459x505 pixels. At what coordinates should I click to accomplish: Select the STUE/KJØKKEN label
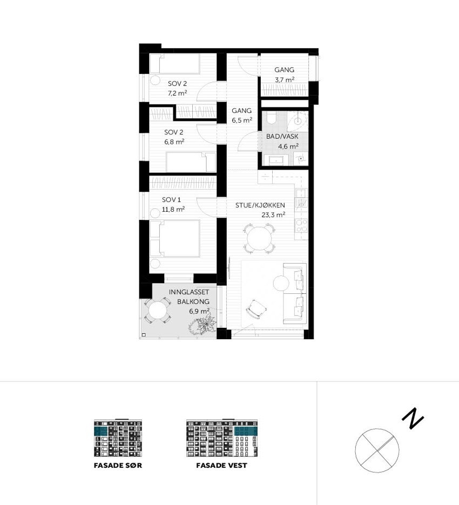click(260, 205)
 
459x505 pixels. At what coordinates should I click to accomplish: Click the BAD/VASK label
click(282, 137)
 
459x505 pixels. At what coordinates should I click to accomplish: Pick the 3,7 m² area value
click(284, 80)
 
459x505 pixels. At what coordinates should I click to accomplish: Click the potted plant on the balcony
click(203, 325)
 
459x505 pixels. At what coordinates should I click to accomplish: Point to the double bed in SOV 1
click(175, 238)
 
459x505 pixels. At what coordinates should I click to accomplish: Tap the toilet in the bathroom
click(271, 118)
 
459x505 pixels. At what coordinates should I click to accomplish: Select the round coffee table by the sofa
click(281, 283)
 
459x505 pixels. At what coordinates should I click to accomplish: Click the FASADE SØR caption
click(118, 466)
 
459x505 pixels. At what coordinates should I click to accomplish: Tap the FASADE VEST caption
click(221, 466)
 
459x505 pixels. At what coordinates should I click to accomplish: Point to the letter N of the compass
click(413, 419)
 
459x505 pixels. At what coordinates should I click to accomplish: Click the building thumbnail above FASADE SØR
click(118, 438)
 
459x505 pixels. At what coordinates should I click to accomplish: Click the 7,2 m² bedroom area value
click(177, 93)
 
